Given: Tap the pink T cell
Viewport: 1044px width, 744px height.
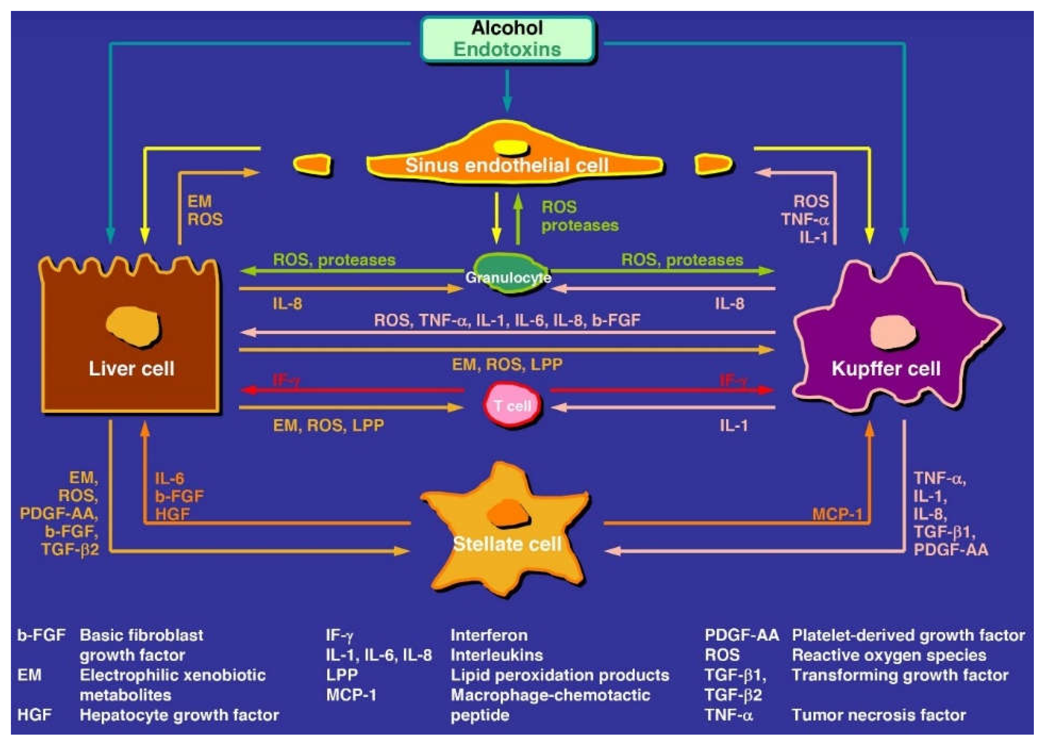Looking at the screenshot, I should coord(512,405).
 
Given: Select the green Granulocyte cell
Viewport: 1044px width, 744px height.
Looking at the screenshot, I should coord(508,274).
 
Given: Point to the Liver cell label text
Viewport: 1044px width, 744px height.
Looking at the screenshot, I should coord(132,368).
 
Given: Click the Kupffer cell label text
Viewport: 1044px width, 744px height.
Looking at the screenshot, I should coord(885,368).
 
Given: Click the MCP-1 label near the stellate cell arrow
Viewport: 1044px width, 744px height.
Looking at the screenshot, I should coord(837,514).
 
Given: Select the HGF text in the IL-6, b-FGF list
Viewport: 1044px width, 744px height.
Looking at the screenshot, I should coord(172,514).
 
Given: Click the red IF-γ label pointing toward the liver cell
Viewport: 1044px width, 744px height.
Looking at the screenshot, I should coord(286,380).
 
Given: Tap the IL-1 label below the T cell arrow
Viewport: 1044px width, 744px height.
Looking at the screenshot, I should coord(734,426).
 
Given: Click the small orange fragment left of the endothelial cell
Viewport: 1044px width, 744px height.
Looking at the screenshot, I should coord(312,164).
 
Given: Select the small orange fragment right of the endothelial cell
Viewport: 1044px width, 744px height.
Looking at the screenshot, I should coord(713,164).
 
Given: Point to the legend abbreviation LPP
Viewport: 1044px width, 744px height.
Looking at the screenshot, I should coord(342,675).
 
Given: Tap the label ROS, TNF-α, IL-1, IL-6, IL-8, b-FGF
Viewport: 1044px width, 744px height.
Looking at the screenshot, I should coord(507,320).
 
